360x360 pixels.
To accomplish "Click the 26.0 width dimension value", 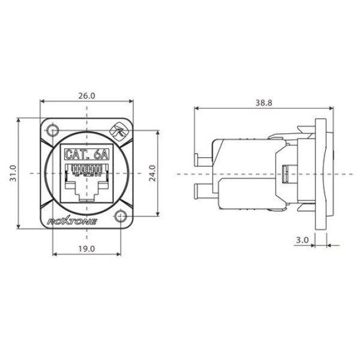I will click(87, 95).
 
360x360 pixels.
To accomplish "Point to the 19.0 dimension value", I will click(87, 248).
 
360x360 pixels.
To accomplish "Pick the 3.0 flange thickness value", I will click(302, 240).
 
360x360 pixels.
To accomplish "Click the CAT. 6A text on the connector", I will click(87, 154).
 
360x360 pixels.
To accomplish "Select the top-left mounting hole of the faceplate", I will click(53, 130).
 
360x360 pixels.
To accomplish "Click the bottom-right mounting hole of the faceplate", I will click(122, 216).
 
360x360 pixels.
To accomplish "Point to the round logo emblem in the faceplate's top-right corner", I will click(119, 130).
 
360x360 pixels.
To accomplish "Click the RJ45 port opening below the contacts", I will click(88, 191).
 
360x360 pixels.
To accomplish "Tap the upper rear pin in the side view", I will click(203, 159).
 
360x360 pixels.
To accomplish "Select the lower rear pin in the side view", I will click(203, 192).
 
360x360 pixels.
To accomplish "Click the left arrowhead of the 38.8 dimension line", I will click(196, 109).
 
